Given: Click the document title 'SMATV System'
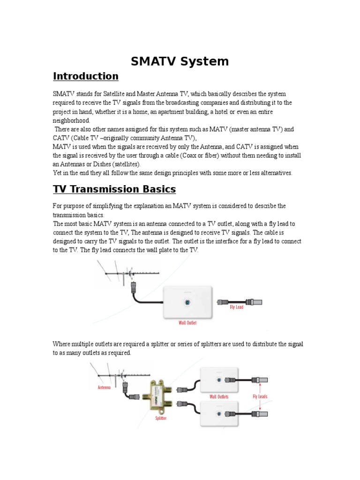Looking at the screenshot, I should pyautogui.click(x=180, y=61).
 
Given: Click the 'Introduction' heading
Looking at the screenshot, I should pyautogui.click(x=85, y=76).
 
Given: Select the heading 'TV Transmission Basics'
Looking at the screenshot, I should pyautogui.click(x=114, y=189).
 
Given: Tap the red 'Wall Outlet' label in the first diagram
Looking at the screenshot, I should pyautogui.click(x=187, y=322).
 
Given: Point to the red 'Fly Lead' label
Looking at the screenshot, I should pyautogui.click(x=236, y=307).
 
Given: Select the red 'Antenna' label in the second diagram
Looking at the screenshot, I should pyautogui.click(x=105, y=388).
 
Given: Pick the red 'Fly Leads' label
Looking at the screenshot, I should pyautogui.click(x=261, y=397).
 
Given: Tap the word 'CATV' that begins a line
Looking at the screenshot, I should pyautogui.click(x=61, y=138).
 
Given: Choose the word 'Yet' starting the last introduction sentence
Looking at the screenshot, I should pyautogui.click(x=57, y=173).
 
